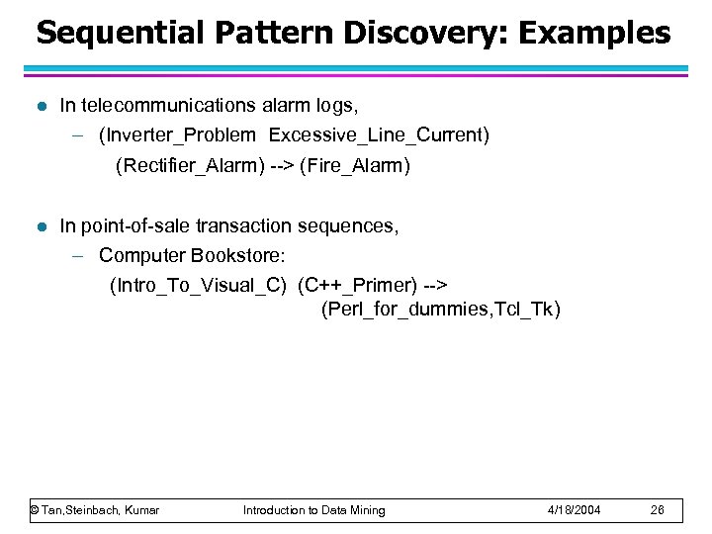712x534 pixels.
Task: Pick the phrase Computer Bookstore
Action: pyautogui.click(x=185, y=256)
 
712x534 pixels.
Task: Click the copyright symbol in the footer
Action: pyautogui.click(x=35, y=510)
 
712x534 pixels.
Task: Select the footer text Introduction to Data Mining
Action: pyautogui.click(x=314, y=510)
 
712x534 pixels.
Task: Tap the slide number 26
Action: pyautogui.click(x=658, y=510)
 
